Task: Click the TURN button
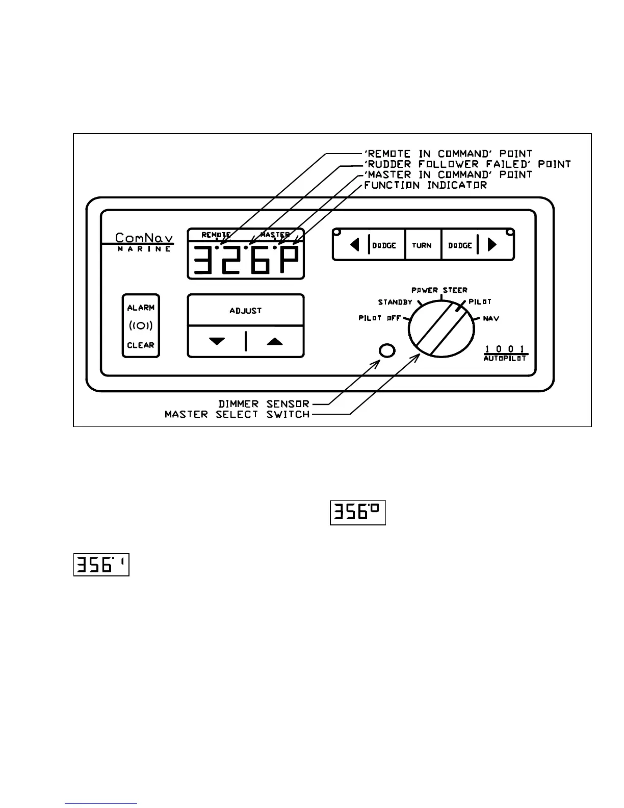coord(422,245)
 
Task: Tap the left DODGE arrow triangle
coord(355,245)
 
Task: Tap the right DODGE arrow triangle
coord(492,245)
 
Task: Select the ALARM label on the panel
coord(141,308)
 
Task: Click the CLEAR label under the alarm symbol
coord(141,345)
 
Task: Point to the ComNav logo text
coord(144,238)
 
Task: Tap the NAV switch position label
coord(491,318)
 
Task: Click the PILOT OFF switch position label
coord(380,318)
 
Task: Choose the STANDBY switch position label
coord(395,302)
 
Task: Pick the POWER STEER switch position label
coord(439,290)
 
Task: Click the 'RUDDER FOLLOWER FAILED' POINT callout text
coord(467,164)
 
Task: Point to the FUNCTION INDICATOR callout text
coord(426,185)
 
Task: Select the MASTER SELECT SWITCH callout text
coord(237,415)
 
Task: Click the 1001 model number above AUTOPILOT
coord(505,349)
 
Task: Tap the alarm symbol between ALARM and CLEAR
coord(141,326)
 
